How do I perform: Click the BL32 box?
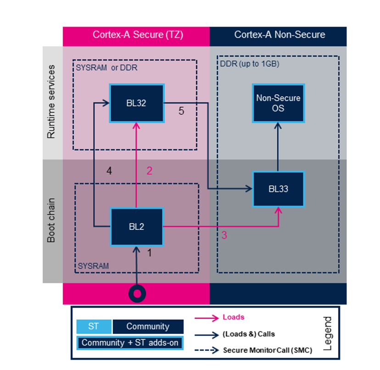136,103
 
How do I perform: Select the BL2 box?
137,227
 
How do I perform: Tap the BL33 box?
278,188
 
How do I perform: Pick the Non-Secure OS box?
278,103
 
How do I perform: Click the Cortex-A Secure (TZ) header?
136,35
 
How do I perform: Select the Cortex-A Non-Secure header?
278,35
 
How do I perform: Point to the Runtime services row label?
51,102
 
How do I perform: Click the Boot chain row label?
51,221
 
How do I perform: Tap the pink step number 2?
149,171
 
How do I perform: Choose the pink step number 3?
224,235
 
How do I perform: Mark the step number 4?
109,171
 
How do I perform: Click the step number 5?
181,112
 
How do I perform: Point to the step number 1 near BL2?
149,252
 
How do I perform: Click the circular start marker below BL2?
137,293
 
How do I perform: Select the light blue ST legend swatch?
94,326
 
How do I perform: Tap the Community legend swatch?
148,326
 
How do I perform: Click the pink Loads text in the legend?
234,317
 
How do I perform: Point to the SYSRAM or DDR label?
106,68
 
